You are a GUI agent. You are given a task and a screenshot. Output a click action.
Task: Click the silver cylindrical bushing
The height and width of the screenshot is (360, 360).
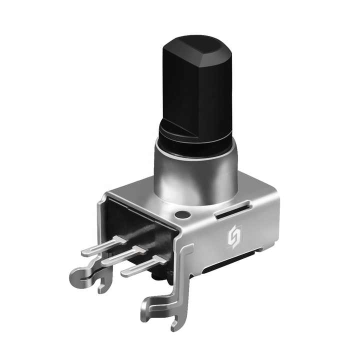[195, 172]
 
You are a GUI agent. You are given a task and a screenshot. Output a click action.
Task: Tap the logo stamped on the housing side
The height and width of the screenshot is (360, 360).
[234, 237]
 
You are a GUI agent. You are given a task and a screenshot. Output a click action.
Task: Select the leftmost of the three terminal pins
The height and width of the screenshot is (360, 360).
[102, 246]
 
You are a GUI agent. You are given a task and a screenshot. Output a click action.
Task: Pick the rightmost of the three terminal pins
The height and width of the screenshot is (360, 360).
[142, 265]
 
